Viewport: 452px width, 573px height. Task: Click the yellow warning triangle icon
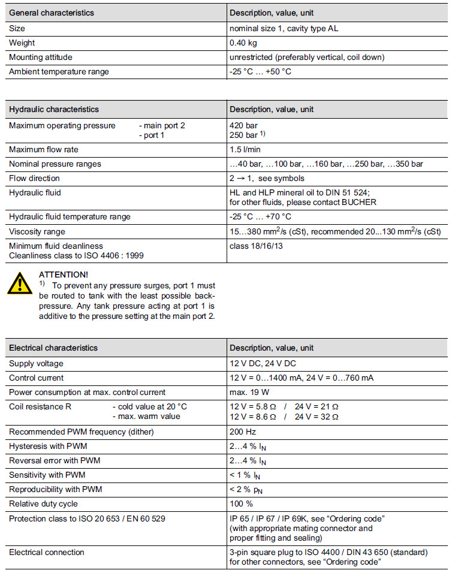coord(20,282)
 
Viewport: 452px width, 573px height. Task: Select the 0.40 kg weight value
coord(244,43)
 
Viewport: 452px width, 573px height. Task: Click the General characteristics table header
coord(51,13)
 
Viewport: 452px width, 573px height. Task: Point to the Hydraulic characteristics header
coord(54,110)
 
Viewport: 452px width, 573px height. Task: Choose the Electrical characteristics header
coord(53,348)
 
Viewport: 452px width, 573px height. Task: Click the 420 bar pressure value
coord(243,126)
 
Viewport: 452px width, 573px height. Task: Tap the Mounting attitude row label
coord(40,58)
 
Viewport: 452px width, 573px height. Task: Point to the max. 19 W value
coord(249,393)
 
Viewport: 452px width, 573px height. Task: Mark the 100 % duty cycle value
coord(242,503)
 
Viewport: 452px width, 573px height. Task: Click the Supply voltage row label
coord(36,364)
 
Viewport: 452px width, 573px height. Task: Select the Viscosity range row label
coord(37,231)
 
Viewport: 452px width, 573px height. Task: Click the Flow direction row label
coord(34,178)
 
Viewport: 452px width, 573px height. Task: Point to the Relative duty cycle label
coord(43,503)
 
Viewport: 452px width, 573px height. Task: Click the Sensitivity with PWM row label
coord(47,475)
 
